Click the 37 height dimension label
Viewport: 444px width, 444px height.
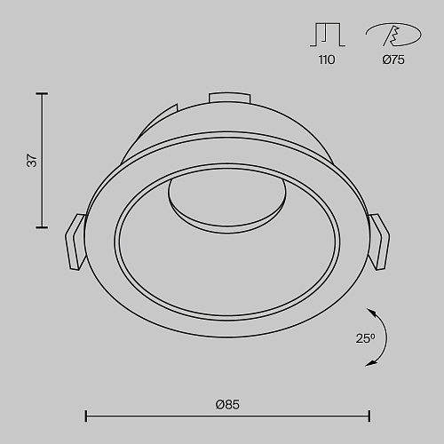[32, 161]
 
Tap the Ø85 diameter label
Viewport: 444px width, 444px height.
[227, 404]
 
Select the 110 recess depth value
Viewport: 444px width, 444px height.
[327, 59]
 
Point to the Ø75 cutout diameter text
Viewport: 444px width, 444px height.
[393, 59]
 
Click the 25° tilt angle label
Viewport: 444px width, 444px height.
[365, 338]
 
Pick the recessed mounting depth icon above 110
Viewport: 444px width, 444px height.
[328, 35]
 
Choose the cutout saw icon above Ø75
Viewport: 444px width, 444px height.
[393, 35]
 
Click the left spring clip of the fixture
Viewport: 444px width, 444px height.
[75, 242]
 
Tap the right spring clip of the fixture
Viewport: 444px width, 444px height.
[379, 242]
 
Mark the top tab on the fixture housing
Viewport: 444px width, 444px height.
[229, 98]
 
